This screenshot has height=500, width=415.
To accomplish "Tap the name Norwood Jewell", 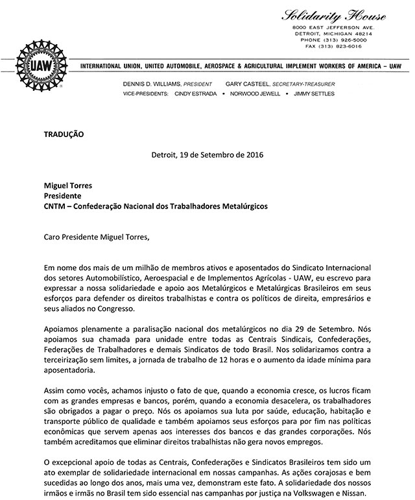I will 257,94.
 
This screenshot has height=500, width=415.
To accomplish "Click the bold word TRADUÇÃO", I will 64,134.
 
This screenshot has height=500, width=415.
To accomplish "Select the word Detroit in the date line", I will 166,156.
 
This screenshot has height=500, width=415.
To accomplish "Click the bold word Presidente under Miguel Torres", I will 64,195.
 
